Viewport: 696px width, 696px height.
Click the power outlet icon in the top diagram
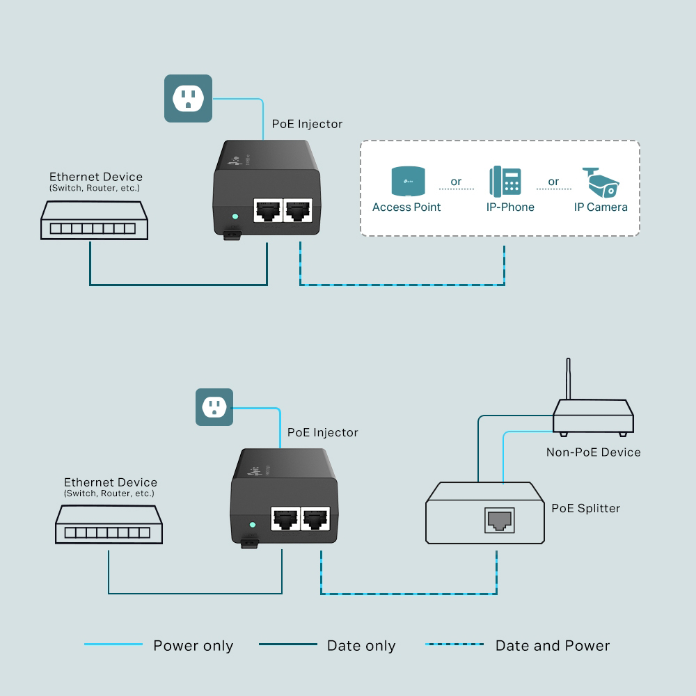point(187,98)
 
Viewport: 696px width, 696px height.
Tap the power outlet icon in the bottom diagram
point(214,407)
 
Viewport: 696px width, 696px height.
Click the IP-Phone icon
point(505,182)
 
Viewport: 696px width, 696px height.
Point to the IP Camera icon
point(601,182)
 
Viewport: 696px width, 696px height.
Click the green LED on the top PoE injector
point(235,217)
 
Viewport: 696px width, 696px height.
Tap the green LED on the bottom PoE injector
point(253,524)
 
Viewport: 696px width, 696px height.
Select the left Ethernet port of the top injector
point(267,209)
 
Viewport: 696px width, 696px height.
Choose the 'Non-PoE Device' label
point(593,452)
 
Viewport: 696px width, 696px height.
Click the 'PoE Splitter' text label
point(585,508)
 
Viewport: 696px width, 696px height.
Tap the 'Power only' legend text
point(193,646)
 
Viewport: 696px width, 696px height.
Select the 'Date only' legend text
point(361,646)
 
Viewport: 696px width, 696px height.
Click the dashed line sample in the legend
point(454,644)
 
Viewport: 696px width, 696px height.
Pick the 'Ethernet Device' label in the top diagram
point(95,177)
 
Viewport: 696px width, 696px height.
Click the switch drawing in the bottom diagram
point(109,524)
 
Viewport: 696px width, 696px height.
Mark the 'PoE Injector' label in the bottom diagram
point(322,432)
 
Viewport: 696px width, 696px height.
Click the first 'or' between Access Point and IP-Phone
point(456,182)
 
